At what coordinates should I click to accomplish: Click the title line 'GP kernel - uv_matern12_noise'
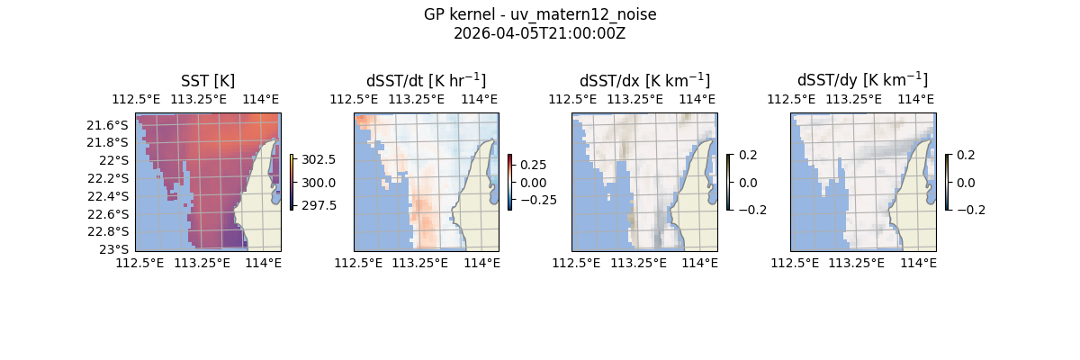tap(540, 14)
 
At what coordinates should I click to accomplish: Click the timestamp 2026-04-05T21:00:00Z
tap(540, 33)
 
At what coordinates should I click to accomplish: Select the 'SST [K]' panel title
tap(208, 80)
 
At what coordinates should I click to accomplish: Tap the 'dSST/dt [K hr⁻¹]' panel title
tap(426, 80)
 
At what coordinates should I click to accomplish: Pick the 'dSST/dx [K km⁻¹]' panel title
tap(644, 80)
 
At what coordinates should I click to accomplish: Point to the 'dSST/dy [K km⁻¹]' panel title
tap(862, 80)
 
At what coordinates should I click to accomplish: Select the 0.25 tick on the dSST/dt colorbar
tap(533, 165)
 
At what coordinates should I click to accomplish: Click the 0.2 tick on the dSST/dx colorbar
tap(748, 155)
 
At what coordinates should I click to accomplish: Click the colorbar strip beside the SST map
tap(292, 182)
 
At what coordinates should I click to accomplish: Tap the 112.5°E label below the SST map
tap(136, 263)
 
